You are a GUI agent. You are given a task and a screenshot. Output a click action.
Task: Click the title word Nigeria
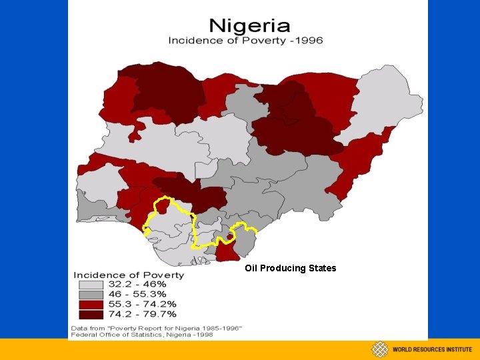(249, 26)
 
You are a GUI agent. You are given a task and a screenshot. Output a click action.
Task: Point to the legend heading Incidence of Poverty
(129, 275)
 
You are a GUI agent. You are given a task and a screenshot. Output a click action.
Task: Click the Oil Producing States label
(290, 269)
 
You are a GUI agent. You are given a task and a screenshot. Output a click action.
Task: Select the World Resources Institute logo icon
(380, 350)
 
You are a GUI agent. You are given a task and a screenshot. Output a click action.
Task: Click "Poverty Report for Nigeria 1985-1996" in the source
(180, 327)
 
